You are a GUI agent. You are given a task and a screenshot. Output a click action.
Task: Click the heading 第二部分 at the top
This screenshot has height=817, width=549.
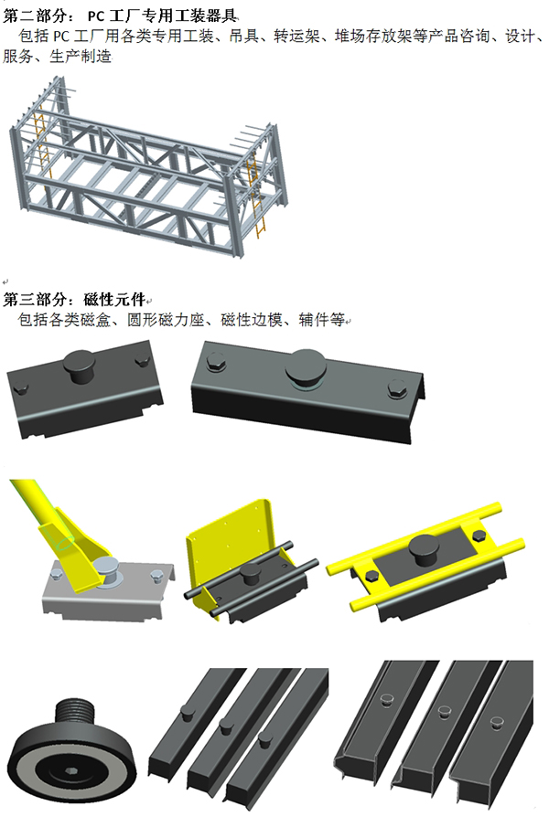click(x=35, y=16)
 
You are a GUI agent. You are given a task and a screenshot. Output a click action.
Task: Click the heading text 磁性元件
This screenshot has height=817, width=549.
click(x=114, y=299)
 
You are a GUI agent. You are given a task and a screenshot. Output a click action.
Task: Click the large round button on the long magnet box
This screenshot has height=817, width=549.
click(x=306, y=368)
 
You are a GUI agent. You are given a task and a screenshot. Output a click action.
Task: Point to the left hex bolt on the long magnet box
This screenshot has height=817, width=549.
click(x=215, y=362)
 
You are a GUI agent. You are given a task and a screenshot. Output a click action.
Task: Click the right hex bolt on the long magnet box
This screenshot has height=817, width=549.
click(x=397, y=388)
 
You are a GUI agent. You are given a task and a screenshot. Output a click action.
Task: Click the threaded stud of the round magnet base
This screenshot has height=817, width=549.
click(x=76, y=712)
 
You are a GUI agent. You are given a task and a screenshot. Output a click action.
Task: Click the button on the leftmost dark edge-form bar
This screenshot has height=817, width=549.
click(x=188, y=712)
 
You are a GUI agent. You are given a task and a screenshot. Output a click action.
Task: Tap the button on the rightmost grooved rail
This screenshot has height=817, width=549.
click(x=497, y=723)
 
